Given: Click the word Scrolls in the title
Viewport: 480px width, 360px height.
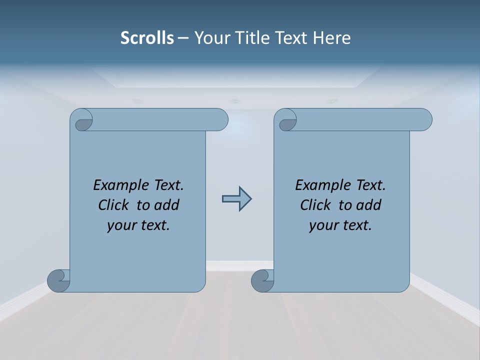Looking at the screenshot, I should click(x=147, y=38).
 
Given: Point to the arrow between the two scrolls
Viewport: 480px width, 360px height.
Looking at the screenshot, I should click(x=236, y=199).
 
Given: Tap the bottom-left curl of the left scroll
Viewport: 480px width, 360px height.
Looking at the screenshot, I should click(x=59, y=280).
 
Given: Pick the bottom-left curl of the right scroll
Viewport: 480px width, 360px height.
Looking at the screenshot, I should click(x=262, y=280).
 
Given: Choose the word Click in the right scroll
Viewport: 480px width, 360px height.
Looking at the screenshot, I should click(x=315, y=205).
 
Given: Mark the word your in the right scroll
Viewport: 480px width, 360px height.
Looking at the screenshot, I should click(x=322, y=225).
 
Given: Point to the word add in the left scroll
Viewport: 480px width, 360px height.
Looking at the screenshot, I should click(x=167, y=205).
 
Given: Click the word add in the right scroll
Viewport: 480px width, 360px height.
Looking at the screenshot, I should click(x=369, y=205).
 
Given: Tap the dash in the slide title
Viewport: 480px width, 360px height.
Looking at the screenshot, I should click(x=182, y=38).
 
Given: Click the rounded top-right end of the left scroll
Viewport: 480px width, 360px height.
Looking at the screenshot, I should click(x=220, y=120).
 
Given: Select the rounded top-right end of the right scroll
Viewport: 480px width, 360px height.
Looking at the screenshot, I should click(x=424, y=120).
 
